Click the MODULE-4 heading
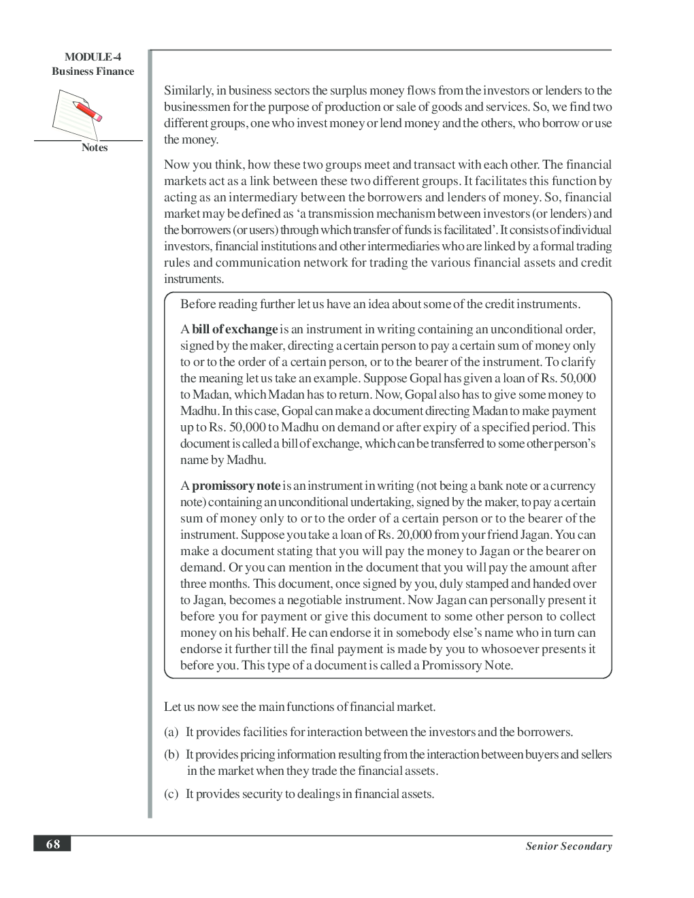pyautogui.click(x=93, y=57)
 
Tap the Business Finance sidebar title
pyautogui.click(x=93, y=71)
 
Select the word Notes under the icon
pyautogui.click(x=95, y=148)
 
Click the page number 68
pyautogui.click(x=52, y=844)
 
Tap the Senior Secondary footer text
pyautogui.click(x=568, y=846)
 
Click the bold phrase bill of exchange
pyautogui.click(x=235, y=329)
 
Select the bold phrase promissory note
pyautogui.click(x=236, y=486)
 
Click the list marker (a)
pyautogui.click(x=171, y=732)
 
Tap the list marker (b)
pyautogui.click(x=171, y=754)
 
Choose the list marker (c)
pyautogui.click(x=171, y=794)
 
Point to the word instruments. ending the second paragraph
pyautogui.click(x=194, y=279)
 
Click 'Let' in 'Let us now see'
pyautogui.click(x=171, y=707)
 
